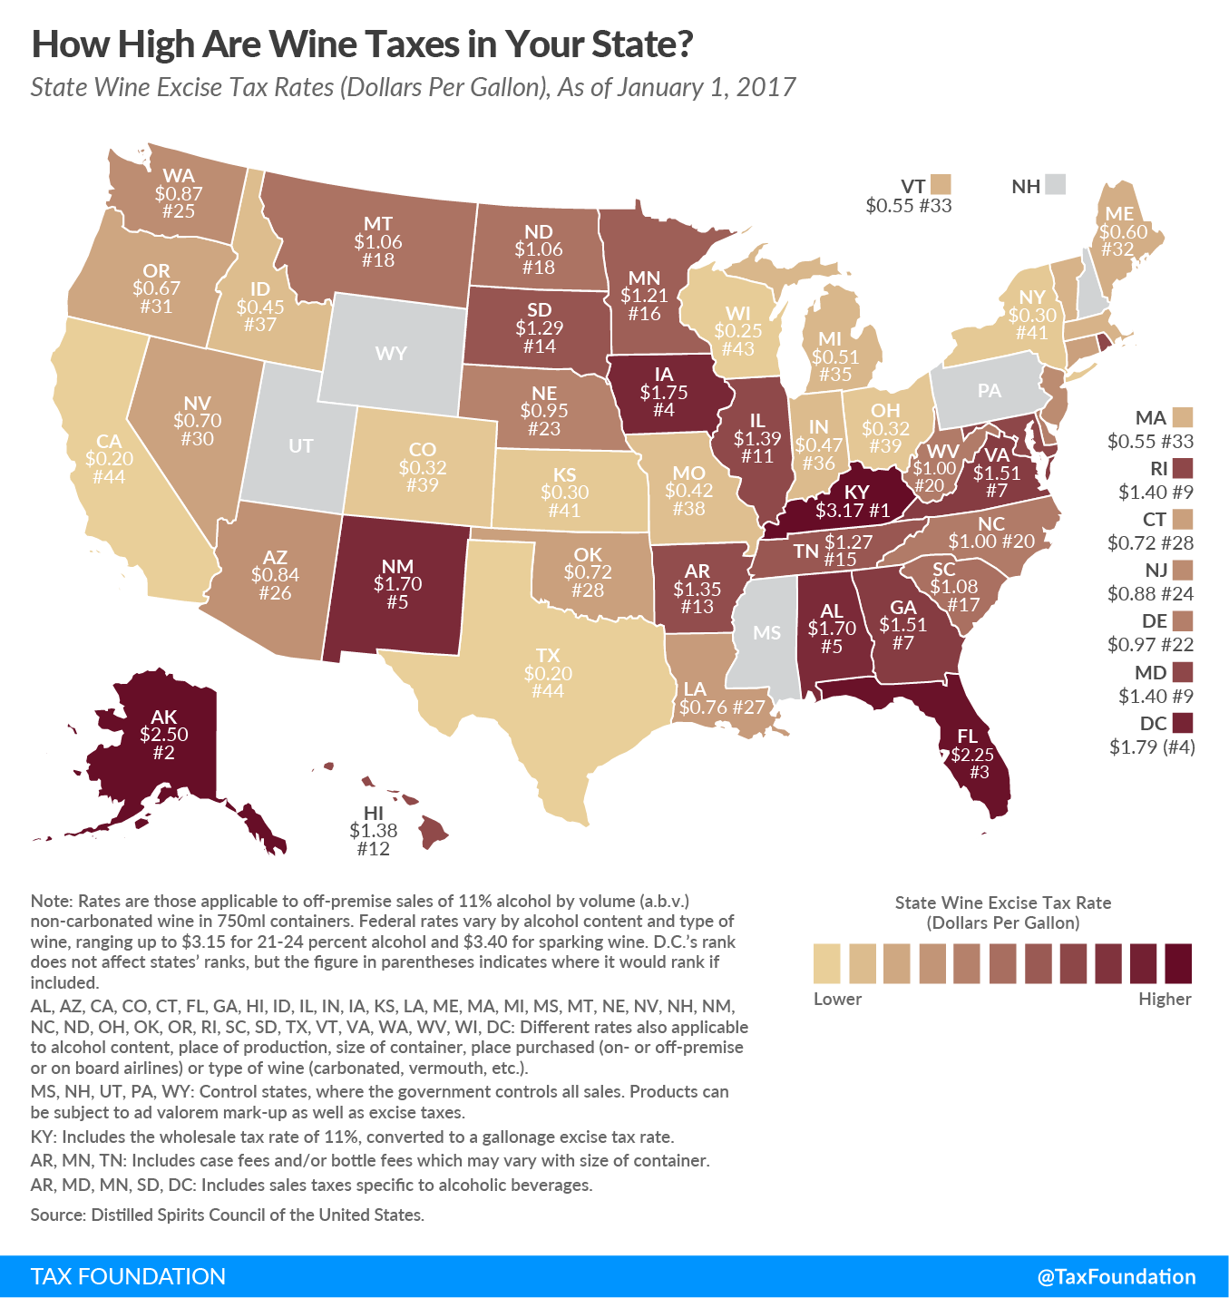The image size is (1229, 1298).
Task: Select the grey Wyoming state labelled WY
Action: point(392,353)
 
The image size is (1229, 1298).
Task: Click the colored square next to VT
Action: point(940,185)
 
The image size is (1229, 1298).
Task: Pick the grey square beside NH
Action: point(1054,185)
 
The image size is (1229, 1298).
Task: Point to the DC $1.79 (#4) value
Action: point(1152,747)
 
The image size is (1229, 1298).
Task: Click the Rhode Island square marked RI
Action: point(1182,468)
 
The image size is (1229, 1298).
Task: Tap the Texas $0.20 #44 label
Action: point(548,673)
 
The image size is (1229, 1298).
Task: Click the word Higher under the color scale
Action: point(1165,999)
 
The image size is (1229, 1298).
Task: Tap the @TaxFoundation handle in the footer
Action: point(1116,1276)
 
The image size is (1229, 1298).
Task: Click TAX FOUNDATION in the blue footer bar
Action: point(128,1276)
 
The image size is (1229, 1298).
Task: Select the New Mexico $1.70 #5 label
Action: point(397,583)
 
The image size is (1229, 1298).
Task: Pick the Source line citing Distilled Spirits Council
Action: point(227,1215)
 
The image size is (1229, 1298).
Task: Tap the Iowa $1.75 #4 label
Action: point(663,392)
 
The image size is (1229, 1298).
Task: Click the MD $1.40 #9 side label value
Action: point(1150,696)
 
